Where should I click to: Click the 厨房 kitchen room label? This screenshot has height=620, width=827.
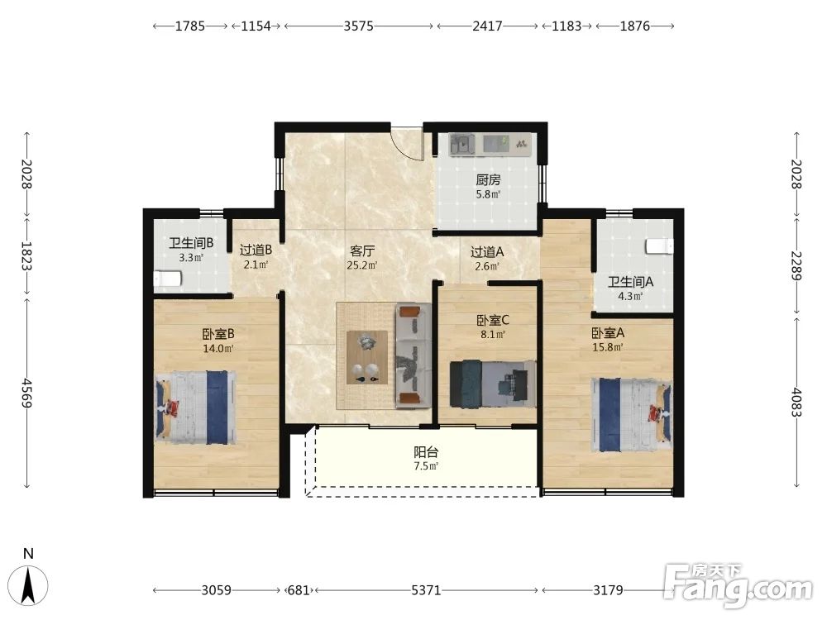coord(488,179)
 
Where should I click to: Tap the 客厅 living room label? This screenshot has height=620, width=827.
coord(362,251)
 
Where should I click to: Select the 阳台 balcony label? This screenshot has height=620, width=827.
coord(426,452)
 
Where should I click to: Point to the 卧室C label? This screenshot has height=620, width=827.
coord(493,320)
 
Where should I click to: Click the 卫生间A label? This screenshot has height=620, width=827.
coord(630,282)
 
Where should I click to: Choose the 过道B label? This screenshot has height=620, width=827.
coord(256,250)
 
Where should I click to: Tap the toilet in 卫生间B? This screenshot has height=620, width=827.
coord(167,278)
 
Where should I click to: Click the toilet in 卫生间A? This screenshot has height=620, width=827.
coord(660,246)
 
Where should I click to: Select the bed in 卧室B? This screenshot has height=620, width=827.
coord(196,408)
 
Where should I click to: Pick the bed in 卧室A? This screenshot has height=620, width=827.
coord(632,414)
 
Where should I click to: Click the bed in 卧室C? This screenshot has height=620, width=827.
coord(493,384)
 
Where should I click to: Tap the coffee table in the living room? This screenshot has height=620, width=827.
coord(367,357)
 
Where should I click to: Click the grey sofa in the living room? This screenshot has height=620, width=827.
coord(413,355)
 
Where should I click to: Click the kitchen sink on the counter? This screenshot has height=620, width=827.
coord(462,144)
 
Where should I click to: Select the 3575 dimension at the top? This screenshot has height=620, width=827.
coord(359,26)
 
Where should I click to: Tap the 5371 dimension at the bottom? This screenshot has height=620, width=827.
coord(426,590)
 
